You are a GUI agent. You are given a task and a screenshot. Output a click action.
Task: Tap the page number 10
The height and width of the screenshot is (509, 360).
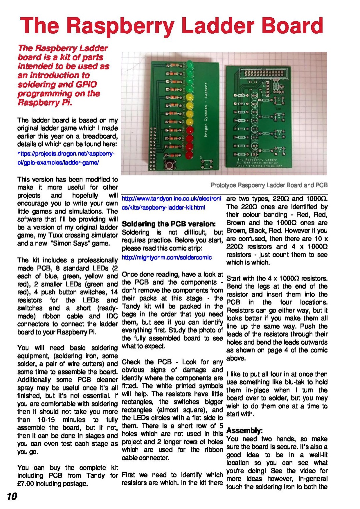(12, 496)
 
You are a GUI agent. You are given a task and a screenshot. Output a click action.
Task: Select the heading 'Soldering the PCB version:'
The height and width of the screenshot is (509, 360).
(169, 224)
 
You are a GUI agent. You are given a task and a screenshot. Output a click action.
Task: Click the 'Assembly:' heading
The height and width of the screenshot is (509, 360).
(244, 430)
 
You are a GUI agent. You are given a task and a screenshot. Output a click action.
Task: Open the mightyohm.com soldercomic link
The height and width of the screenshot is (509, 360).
(167, 257)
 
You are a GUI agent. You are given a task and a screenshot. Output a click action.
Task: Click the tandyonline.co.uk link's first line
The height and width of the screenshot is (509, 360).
(171, 199)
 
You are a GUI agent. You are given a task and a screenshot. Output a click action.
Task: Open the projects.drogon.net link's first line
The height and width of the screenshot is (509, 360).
(66, 154)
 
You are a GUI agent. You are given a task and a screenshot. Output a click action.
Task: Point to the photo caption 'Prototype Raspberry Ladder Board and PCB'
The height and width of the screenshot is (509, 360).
(269, 185)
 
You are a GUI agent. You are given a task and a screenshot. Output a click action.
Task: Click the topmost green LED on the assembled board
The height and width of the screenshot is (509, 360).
(190, 64)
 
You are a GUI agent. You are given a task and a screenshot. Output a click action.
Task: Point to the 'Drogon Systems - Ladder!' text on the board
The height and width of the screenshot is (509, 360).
(206, 110)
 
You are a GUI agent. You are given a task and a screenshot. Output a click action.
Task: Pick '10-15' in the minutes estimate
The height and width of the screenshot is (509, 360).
(46, 419)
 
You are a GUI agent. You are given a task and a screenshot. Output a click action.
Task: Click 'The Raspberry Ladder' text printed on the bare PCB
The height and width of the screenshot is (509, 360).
(257, 160)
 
